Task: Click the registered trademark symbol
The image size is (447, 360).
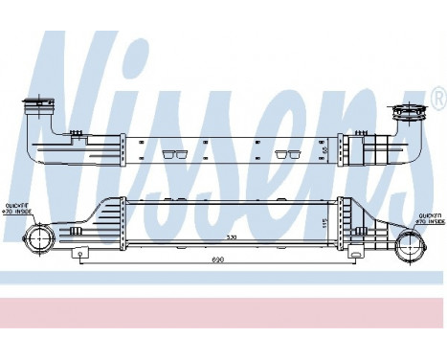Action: [438, 96]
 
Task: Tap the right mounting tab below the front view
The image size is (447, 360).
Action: [356, 256]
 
